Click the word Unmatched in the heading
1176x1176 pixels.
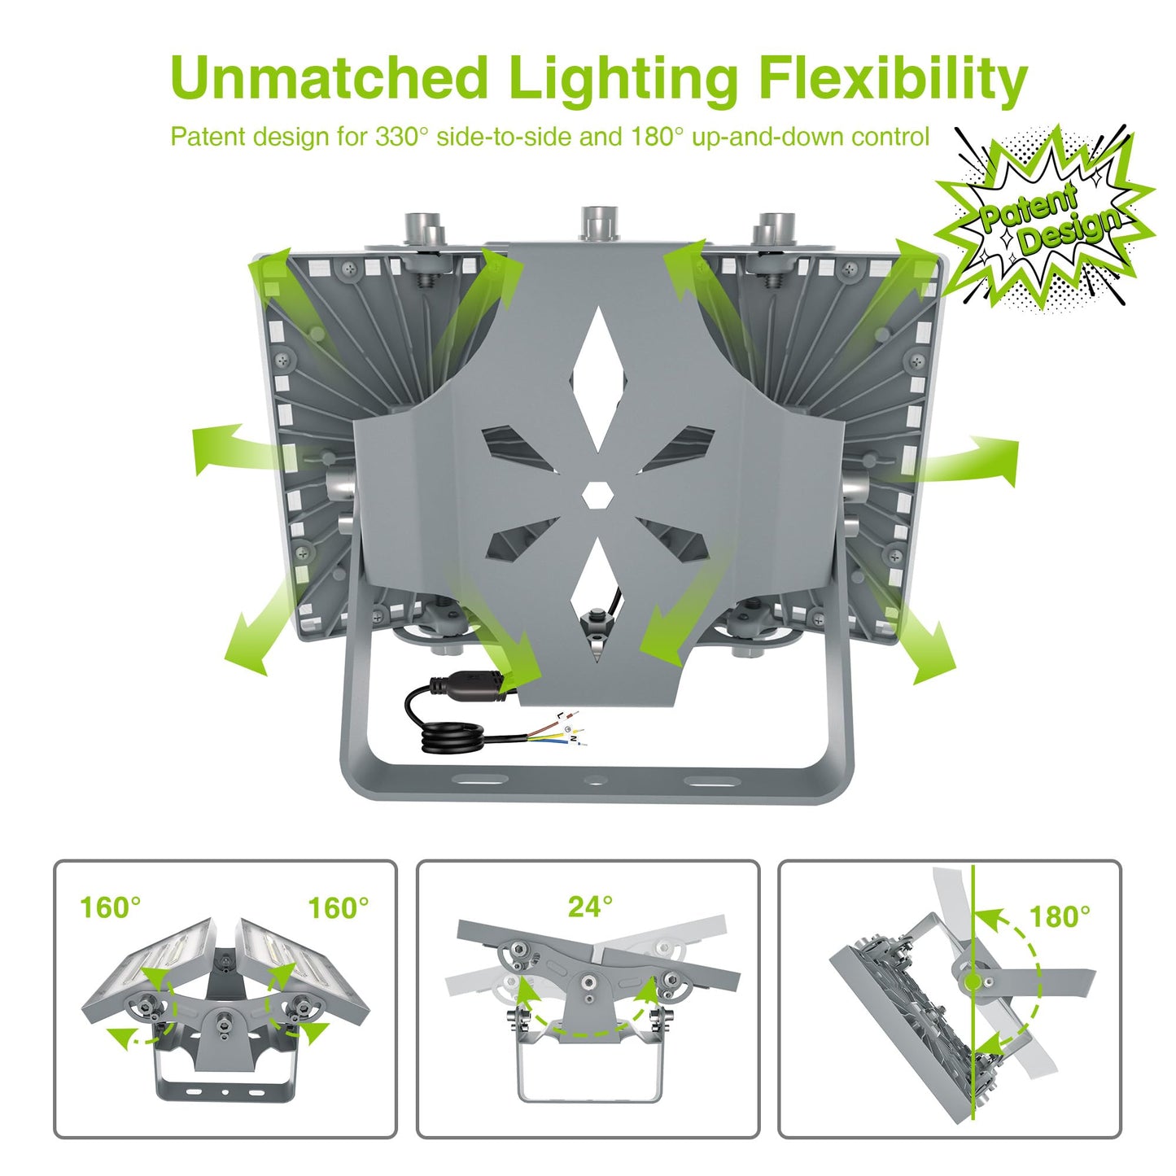click(x=329, y=77)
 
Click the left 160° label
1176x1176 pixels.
click(x=110, y=907)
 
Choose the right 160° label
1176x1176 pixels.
click(x=338, y=907)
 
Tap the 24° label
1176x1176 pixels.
click(x=589, y=907)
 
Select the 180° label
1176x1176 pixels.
click(x=1060, y=916)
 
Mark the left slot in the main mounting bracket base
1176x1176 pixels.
click(x=482, y=780)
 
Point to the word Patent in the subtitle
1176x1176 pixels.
click(x=206, y=136)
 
